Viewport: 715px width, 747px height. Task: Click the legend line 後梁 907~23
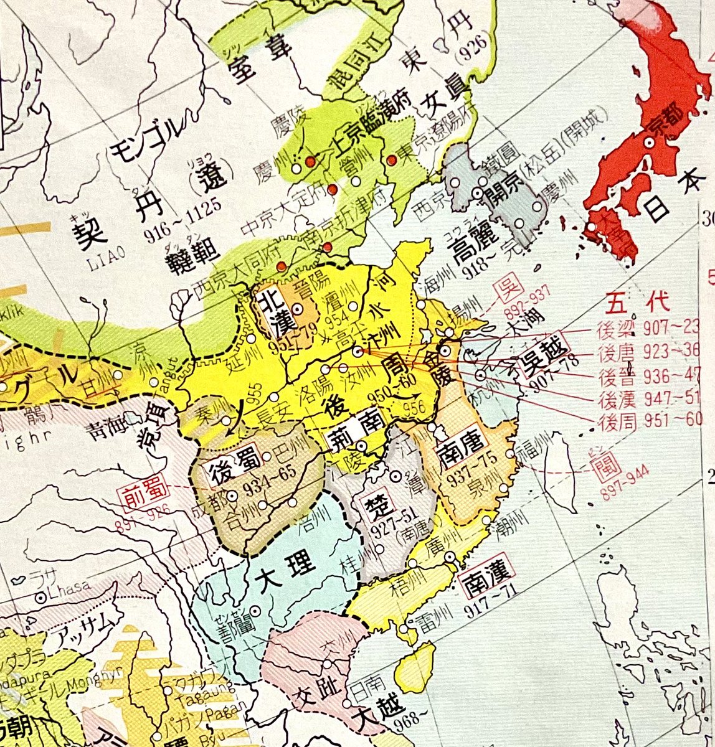click(654, 327)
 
